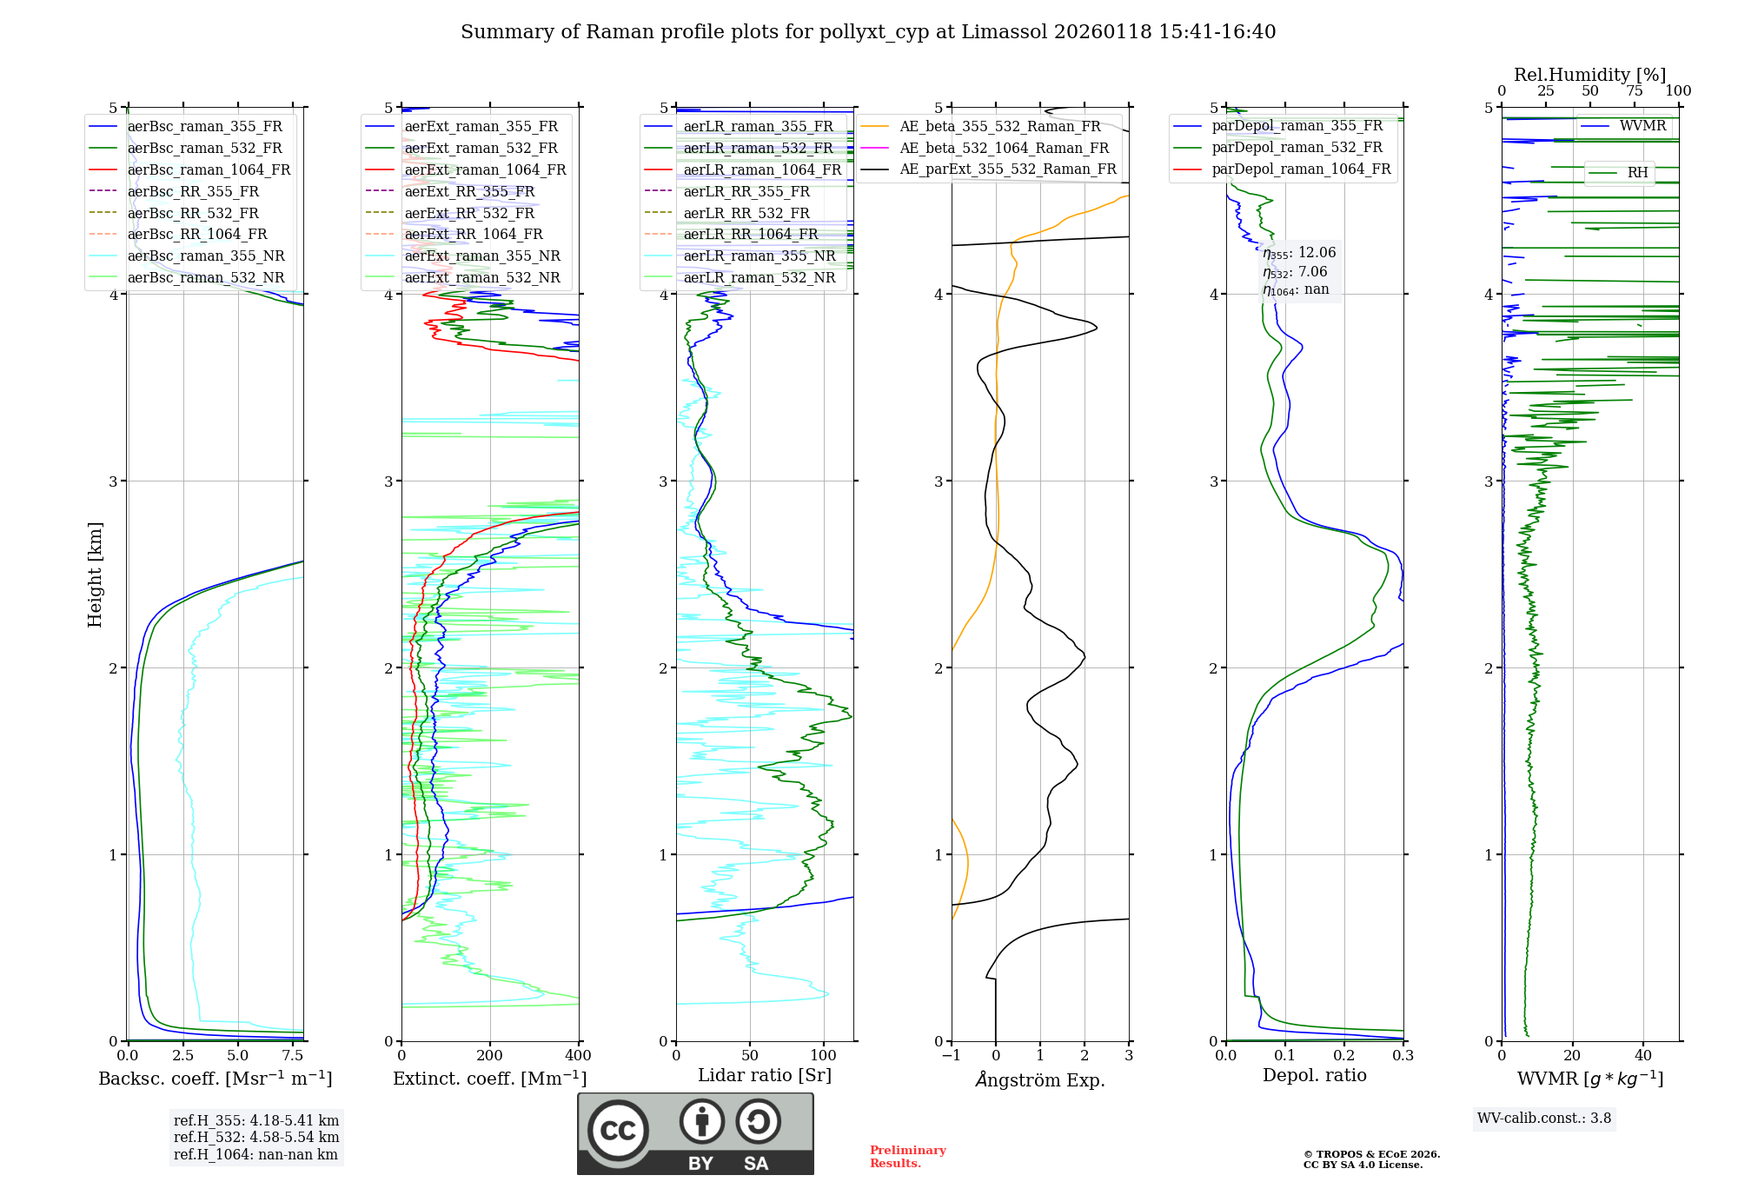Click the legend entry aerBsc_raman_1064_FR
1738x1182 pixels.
209,170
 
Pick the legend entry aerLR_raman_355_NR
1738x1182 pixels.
759,256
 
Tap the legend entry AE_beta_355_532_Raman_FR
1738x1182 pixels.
999,127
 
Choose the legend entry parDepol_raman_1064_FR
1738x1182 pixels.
1301,169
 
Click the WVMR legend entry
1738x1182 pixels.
1642,126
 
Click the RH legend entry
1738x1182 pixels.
1637,173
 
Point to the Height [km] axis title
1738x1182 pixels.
95,574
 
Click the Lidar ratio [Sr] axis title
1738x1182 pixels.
765,1075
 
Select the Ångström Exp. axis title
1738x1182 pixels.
1040,1080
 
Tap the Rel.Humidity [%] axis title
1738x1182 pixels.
1589,75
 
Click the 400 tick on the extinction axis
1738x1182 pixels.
579,1056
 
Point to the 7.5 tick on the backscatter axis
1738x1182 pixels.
293,1056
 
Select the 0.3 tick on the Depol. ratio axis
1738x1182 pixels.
1403,1056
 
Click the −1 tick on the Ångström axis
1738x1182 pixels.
951,1056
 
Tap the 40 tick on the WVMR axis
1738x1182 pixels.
1642,1056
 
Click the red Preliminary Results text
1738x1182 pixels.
907,1157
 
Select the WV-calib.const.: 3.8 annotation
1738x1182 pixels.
1543,1119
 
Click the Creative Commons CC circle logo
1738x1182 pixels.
618,1131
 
